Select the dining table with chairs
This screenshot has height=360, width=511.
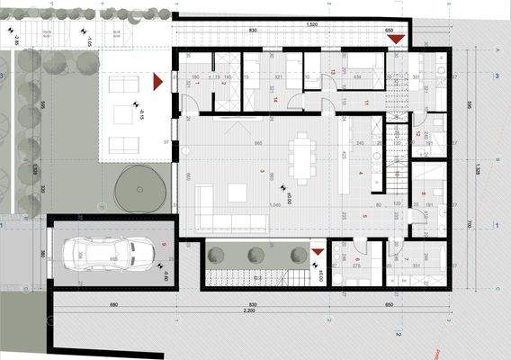point(301,158)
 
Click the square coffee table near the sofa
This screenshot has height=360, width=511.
point(238,192)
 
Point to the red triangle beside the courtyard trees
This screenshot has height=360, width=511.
point(317,250)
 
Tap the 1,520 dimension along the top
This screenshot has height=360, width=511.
point(311,23)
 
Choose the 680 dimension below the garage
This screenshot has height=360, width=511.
point(113,301)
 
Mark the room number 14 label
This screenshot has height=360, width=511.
point(276,100)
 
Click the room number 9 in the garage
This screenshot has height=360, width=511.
point(164,244)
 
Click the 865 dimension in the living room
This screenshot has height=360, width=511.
point(258,144)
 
